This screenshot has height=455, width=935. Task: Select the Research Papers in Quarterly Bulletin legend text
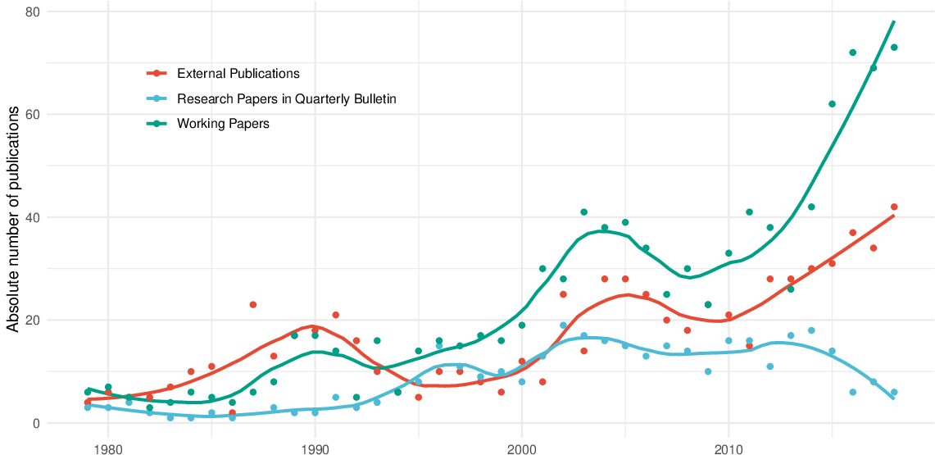pyautogui.click(x=286, y=99)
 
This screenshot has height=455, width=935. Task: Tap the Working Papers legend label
pyautogui.click(x=224, y=125)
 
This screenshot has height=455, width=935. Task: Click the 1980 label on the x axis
pyautogui.click(x=108, y=448)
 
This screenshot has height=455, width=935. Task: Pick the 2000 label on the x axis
pyautogui.click(x=522, y=448)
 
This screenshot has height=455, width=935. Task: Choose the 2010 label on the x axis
pyautogui.click(x=728, y=448)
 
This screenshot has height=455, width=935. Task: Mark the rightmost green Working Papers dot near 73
pyautogui.click(x=894, y=48)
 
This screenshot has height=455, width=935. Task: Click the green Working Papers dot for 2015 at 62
pyautogui.click(x=832, y=104)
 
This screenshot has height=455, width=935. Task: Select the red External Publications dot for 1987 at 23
pyautogui.click(x=253, y=305)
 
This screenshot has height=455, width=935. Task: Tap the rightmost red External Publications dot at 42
pyautogui.click(x=894, y=207)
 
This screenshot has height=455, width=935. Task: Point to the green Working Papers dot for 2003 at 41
pyautogui.click(x=584, y=212)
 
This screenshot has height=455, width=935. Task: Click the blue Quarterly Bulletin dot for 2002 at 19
pyautogui.click(x=563, y=325)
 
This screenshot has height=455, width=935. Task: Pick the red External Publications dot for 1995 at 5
pyautogui.click(x=418, y=398)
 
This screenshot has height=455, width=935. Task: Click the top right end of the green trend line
pyautogui.click(x=893, y=21)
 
